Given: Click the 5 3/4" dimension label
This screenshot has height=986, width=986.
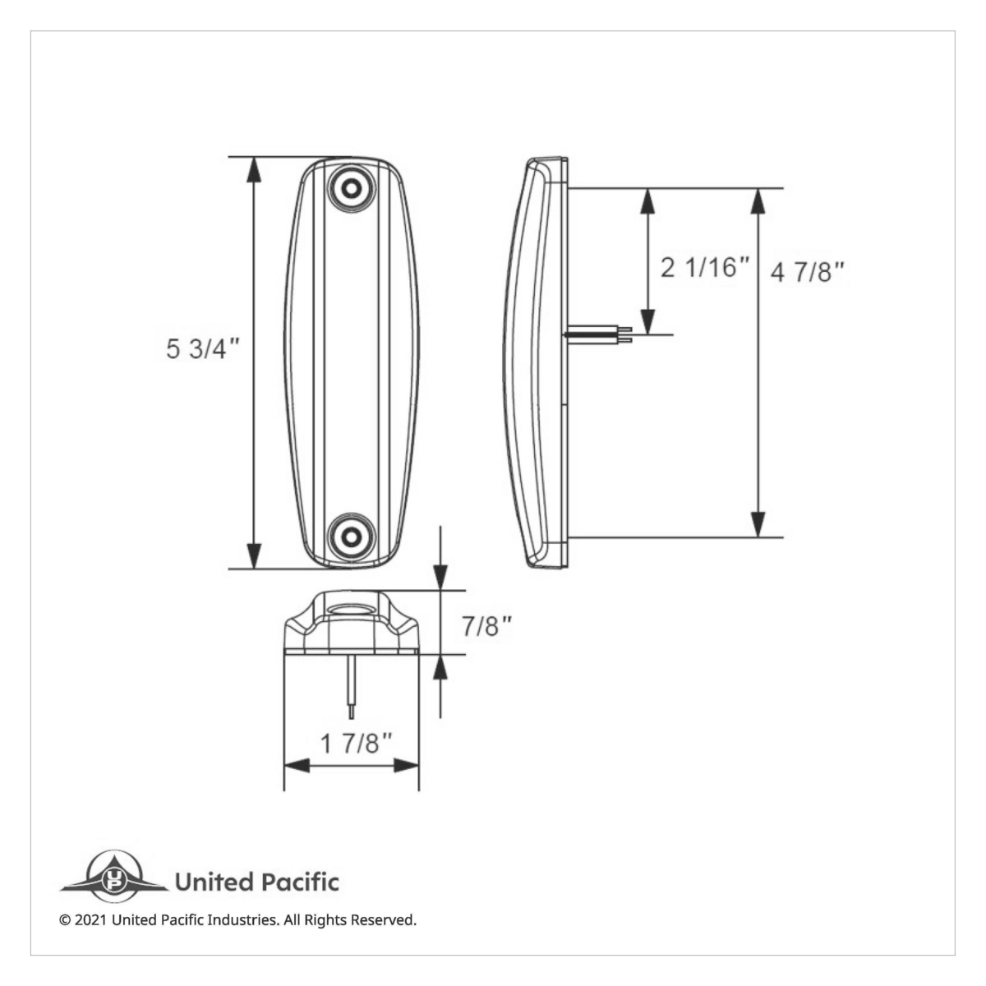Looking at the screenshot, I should tap(202, 349).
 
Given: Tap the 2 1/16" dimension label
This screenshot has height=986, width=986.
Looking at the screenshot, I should tap(706, 267).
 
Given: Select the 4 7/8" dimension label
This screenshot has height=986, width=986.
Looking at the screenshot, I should tap(808, 272).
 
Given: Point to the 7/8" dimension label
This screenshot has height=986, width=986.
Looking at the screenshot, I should tap(486, 627).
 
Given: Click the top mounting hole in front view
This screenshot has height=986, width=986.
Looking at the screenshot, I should tap(352, 188).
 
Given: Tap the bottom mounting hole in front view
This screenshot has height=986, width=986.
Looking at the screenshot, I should tap(352, 537).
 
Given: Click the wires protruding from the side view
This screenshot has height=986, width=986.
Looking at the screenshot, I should tap(600, 334).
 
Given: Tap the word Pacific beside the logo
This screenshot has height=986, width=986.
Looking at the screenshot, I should tap(301, 882).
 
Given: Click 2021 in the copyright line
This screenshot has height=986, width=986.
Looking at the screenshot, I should tap(90, 920).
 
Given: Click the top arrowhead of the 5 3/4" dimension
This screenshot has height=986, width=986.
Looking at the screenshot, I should tap(255, 169).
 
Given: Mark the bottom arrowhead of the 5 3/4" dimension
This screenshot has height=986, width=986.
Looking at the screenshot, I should tap(255, 555).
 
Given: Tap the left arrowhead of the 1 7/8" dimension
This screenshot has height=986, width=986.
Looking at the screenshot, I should tap(297, 766).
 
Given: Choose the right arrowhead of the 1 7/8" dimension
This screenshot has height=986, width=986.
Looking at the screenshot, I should tap(406, 766).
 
